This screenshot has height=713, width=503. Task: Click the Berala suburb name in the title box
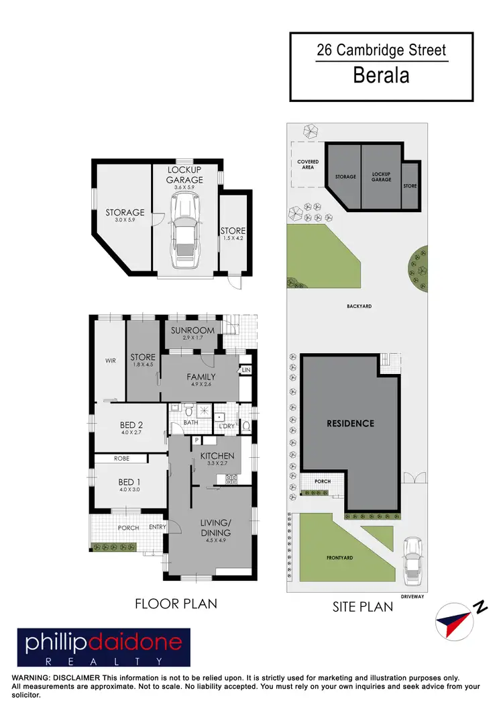tap(381, 75)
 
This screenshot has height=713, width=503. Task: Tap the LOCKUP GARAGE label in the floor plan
tap(185, 175)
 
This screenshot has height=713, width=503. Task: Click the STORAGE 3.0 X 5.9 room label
tap(125, 216)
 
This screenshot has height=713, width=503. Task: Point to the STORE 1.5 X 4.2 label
tap(233, 235)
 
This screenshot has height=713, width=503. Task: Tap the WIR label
tap(111, 361)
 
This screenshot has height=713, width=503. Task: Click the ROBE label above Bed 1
tap(121, 459)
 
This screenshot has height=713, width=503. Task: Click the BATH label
tap(190, 423)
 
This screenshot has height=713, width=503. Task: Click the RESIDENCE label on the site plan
tap(350, 424)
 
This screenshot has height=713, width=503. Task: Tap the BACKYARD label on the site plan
tap(359, 306)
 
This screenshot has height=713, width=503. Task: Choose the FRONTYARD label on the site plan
tap(339, 558)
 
